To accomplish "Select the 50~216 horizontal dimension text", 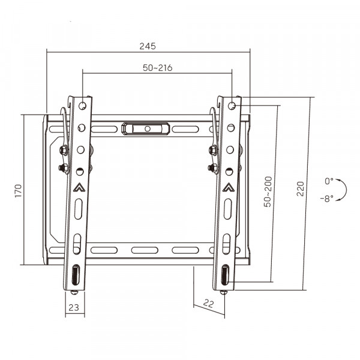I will pos(157,68).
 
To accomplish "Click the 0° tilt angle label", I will pos(329,181).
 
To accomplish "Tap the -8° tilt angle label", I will pos(327,199).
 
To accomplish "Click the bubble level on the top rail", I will pos(146,128).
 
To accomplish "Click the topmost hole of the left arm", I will pos(82,106).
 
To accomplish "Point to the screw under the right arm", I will pos(223,292).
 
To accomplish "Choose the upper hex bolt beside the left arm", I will pos(62,149).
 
